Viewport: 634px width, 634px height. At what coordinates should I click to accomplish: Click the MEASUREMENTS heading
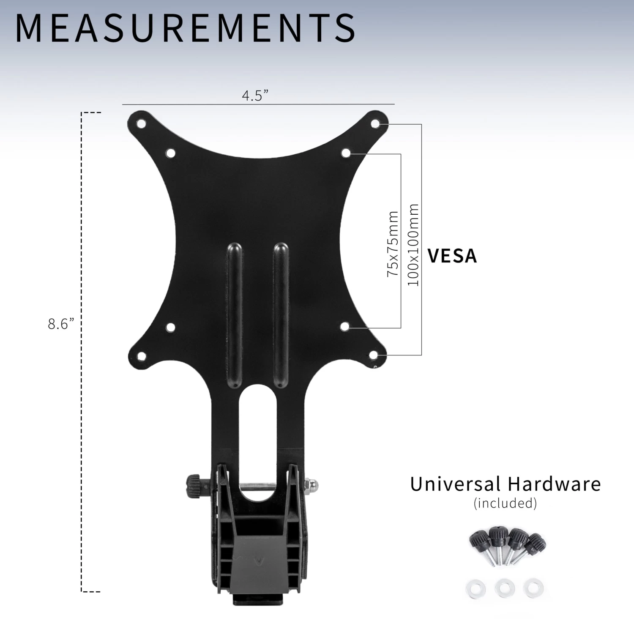tap(185, 28)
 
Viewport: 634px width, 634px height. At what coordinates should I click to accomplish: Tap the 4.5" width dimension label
tap(255, 96)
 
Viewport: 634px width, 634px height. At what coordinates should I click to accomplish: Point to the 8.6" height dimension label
tap(61, 324)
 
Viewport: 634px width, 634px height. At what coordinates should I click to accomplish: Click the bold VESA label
tap(452, 256)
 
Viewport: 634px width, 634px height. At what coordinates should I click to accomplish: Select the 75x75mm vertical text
tap(393, 244)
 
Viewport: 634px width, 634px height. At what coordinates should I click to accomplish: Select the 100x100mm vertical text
tap(413, 245)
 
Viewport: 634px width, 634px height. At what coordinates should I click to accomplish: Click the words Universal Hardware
tap(505, 484)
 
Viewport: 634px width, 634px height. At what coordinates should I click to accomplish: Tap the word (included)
tap(505, 503)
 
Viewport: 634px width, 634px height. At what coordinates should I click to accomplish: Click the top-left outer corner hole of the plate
tap(141, 124)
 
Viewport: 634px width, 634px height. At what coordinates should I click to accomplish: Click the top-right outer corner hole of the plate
tap(375, 123)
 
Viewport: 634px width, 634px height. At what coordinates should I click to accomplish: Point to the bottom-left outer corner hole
tap(142, 356)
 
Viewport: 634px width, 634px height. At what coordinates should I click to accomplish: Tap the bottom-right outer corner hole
tap(374, 355)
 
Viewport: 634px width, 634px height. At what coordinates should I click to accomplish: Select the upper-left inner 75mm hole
tap(170, 153)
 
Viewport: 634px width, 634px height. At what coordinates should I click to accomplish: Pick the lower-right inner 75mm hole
tap(345, 326)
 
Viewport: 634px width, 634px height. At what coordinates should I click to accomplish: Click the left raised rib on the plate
tap(235, 315)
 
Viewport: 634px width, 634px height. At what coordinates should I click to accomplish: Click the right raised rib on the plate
tap(281, 315)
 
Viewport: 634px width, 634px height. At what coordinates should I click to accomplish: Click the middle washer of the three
tap(505, 588)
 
